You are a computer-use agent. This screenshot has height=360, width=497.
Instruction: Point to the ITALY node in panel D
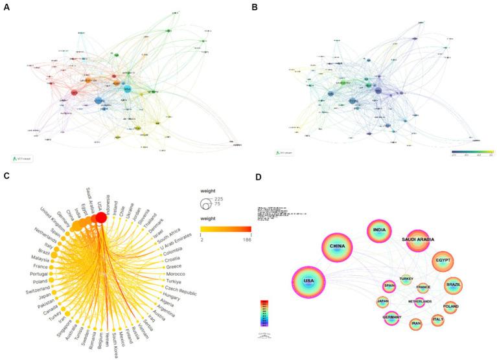point(438,319)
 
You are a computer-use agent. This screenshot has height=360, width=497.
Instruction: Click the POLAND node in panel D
point(450,306)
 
